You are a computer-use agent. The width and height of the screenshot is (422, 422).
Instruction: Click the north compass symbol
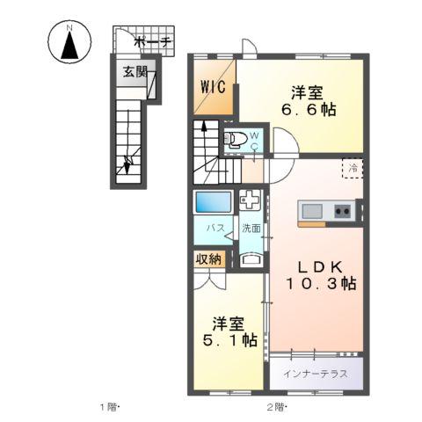pyautogui.click(x=69, y=43)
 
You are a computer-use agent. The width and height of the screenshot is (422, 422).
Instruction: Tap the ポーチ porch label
pyautogui.click(x=152, y=41)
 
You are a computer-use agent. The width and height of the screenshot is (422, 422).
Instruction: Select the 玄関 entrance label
pyautogui.click(x=135, y=73)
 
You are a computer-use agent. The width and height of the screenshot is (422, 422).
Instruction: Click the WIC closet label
pyautogui.click(x=213, y=87)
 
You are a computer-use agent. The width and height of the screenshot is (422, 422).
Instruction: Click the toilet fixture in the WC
pyautogui.click(x=236, y=137)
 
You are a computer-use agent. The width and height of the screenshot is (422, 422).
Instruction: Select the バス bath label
pyautogui.click(x=214, y=228)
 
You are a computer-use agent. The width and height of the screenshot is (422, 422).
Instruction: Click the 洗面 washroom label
pyautogui.click(x=251, y=228)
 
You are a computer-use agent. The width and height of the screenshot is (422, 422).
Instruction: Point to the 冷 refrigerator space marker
pyautogui.click(x=351, y=167)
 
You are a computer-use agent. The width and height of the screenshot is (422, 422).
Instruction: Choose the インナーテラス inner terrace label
pyautogui.click(x=316, y=373)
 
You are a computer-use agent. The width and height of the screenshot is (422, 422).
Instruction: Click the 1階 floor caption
pyautogui.click(x=108, y=406)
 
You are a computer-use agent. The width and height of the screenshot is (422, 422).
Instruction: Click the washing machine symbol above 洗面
pyautogui.click(x=251, y=200)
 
